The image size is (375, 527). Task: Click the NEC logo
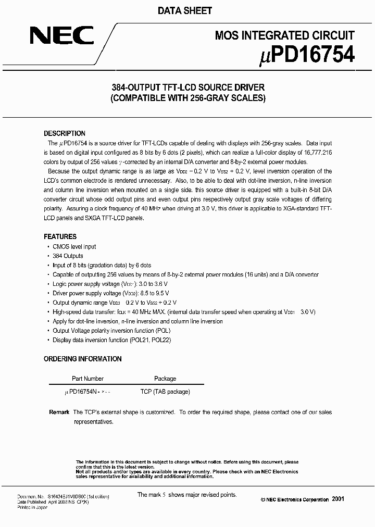point(61,36)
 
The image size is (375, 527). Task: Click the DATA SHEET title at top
point(187,11)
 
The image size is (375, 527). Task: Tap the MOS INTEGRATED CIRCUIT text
point(285,35)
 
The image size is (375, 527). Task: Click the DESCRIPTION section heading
point(64,133)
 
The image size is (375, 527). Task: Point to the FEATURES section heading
point(60,236)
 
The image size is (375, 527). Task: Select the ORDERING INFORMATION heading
point(82,359)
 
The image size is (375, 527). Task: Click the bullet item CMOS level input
point(74,246)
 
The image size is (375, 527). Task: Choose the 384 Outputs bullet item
point(68,256)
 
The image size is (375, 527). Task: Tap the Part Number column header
point(87,379)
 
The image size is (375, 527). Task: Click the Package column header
point(165,379)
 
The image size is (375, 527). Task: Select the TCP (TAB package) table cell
point(165,392)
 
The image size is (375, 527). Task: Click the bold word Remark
point(59,412)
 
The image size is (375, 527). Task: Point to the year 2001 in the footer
point(337,499)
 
